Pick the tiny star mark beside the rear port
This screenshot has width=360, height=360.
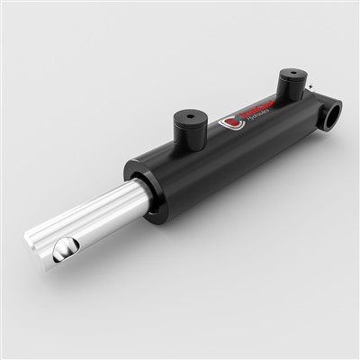click(x=309, y=87)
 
